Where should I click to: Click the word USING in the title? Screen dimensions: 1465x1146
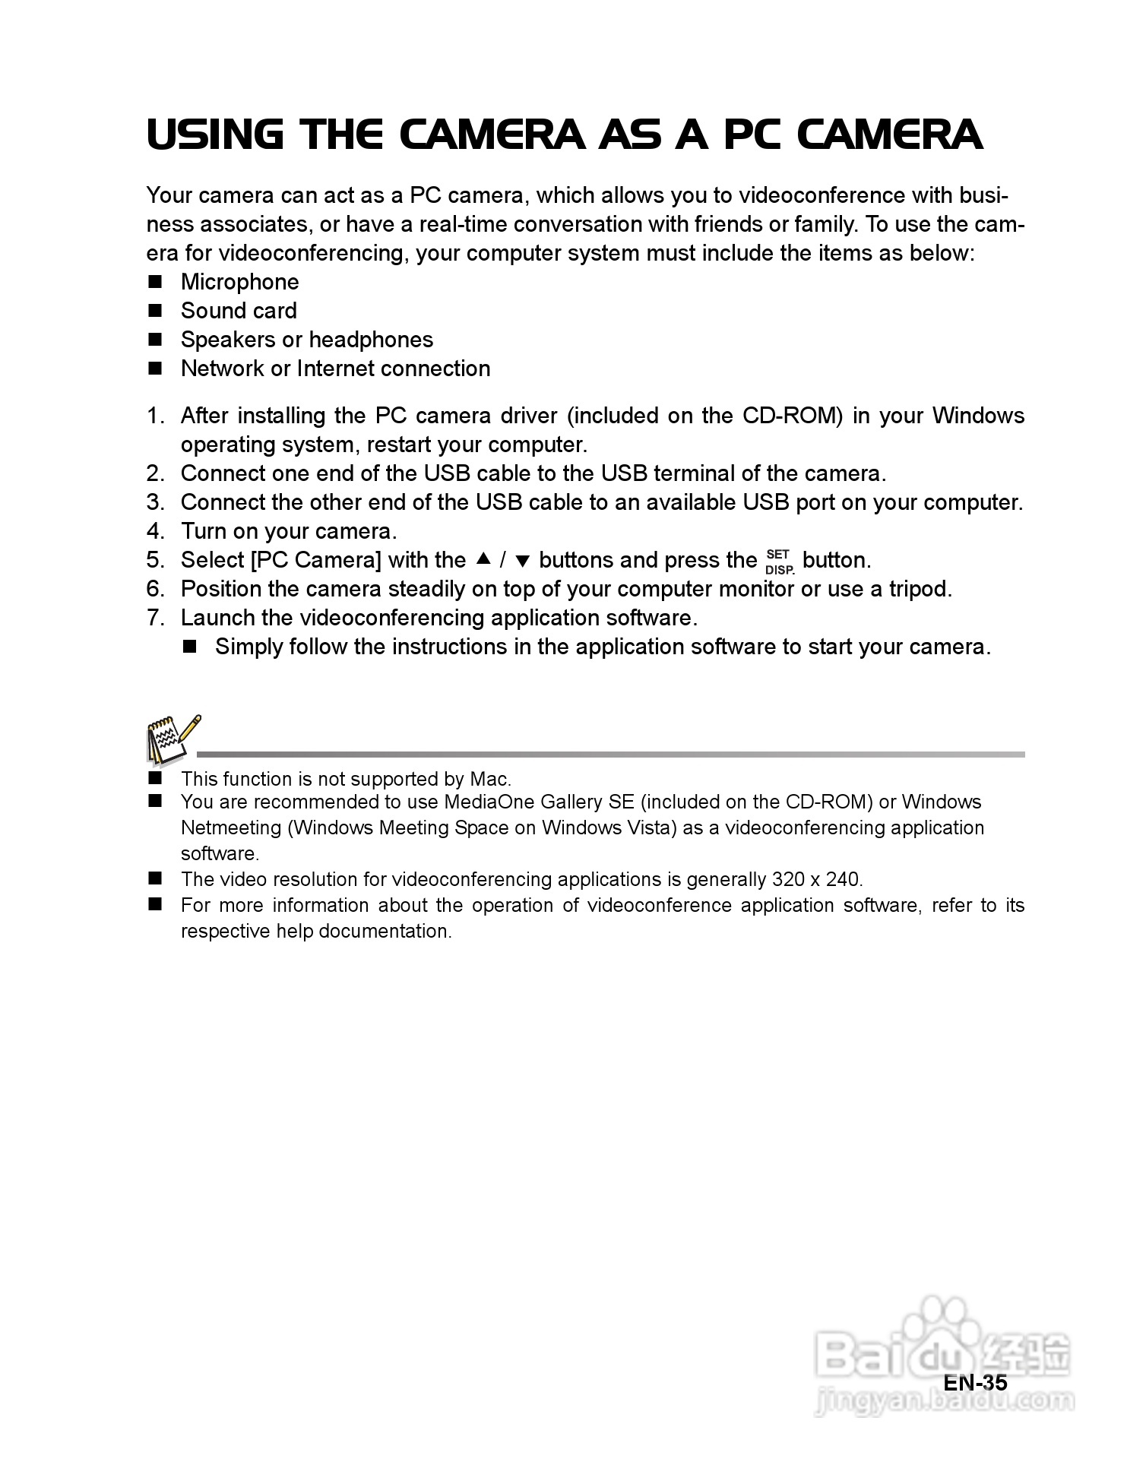tap(214, 134)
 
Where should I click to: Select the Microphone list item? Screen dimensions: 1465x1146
tap(239, 282)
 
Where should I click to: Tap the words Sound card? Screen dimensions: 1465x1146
tap(239, 311)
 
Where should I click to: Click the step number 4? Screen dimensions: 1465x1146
tap(154, 531)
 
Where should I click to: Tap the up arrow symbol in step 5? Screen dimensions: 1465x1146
tap(483, 560)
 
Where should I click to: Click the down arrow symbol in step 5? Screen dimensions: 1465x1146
tap(522, 562)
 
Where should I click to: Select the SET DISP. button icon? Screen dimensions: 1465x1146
tap(779, 562)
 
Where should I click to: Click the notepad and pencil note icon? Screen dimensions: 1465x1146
tap(173, 739)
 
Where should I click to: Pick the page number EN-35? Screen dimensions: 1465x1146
tap(975, 1382)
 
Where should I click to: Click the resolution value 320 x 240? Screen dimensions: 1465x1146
tap(815, 879)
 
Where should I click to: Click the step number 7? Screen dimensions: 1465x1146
tap(154, 618)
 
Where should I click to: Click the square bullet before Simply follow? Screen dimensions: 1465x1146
tap(190, 647)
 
